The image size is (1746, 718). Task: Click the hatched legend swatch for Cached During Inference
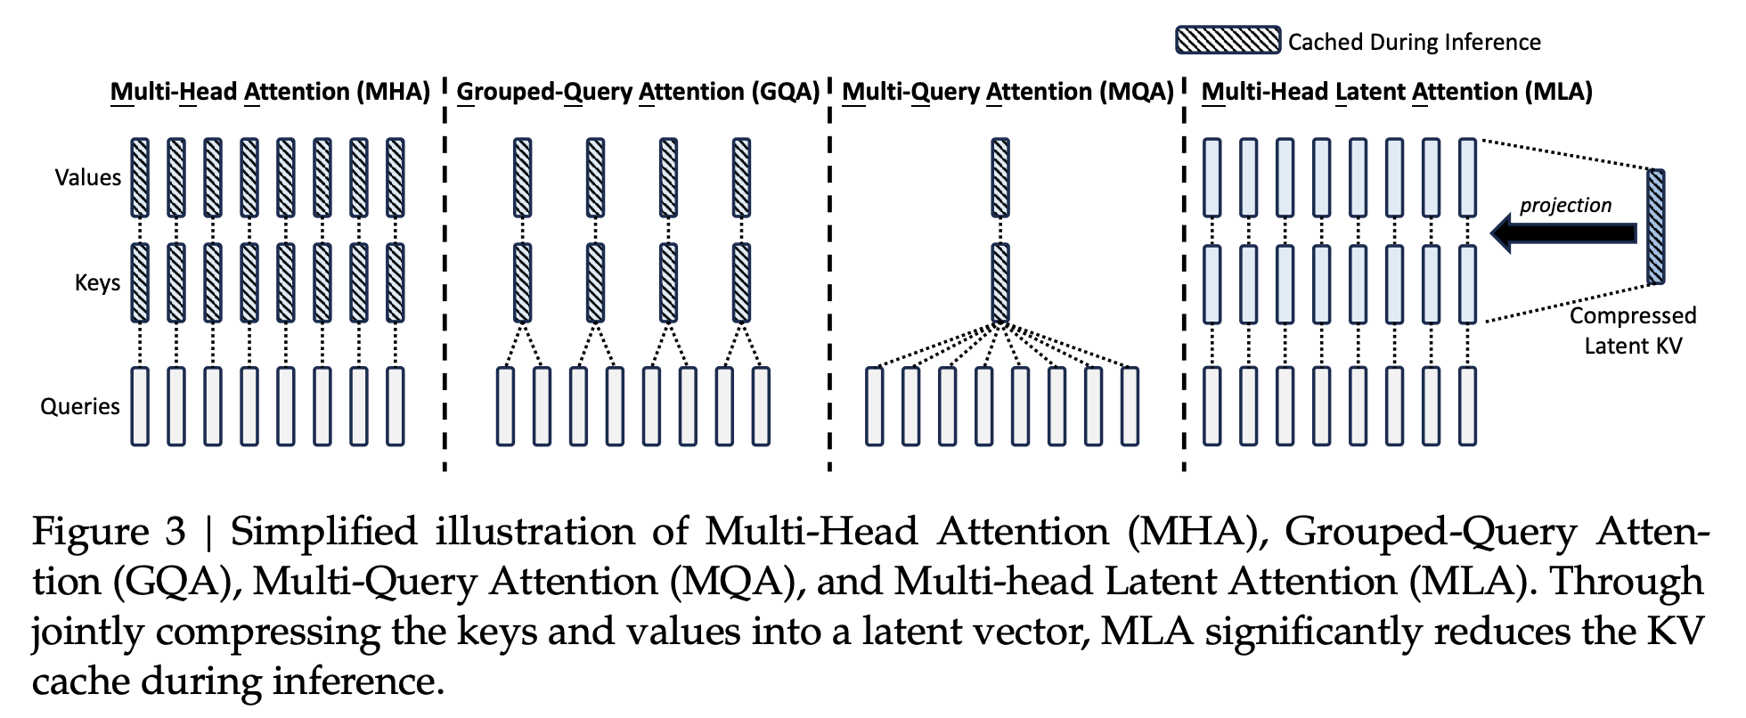point(1228,41)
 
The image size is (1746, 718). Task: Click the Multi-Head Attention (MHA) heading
point(270,92)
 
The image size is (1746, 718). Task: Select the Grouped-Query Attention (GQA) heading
point(638,92)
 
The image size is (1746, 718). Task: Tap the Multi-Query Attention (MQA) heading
point(1008,92)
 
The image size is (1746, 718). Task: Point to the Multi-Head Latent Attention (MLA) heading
point(1396,92)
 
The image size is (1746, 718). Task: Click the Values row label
point(87,177)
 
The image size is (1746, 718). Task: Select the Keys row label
point(97,283)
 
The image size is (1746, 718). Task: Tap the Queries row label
point(80,406)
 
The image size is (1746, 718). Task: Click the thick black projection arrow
point(1564,233)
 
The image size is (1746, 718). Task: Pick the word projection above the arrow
point(1565,205)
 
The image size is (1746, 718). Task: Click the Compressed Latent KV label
point(1632,330)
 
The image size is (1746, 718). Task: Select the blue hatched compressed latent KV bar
point(1655,227)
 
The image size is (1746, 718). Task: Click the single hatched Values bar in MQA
point(1000,177)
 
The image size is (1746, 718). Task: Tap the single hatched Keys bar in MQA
point(1000,282)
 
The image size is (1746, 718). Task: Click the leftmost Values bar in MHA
point(140,177)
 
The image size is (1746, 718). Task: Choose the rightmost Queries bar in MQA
point(1130,406)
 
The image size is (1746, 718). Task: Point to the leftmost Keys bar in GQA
point(523,282)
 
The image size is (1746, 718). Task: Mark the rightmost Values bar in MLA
point(1467,177)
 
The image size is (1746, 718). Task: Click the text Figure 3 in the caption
point(109,533)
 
